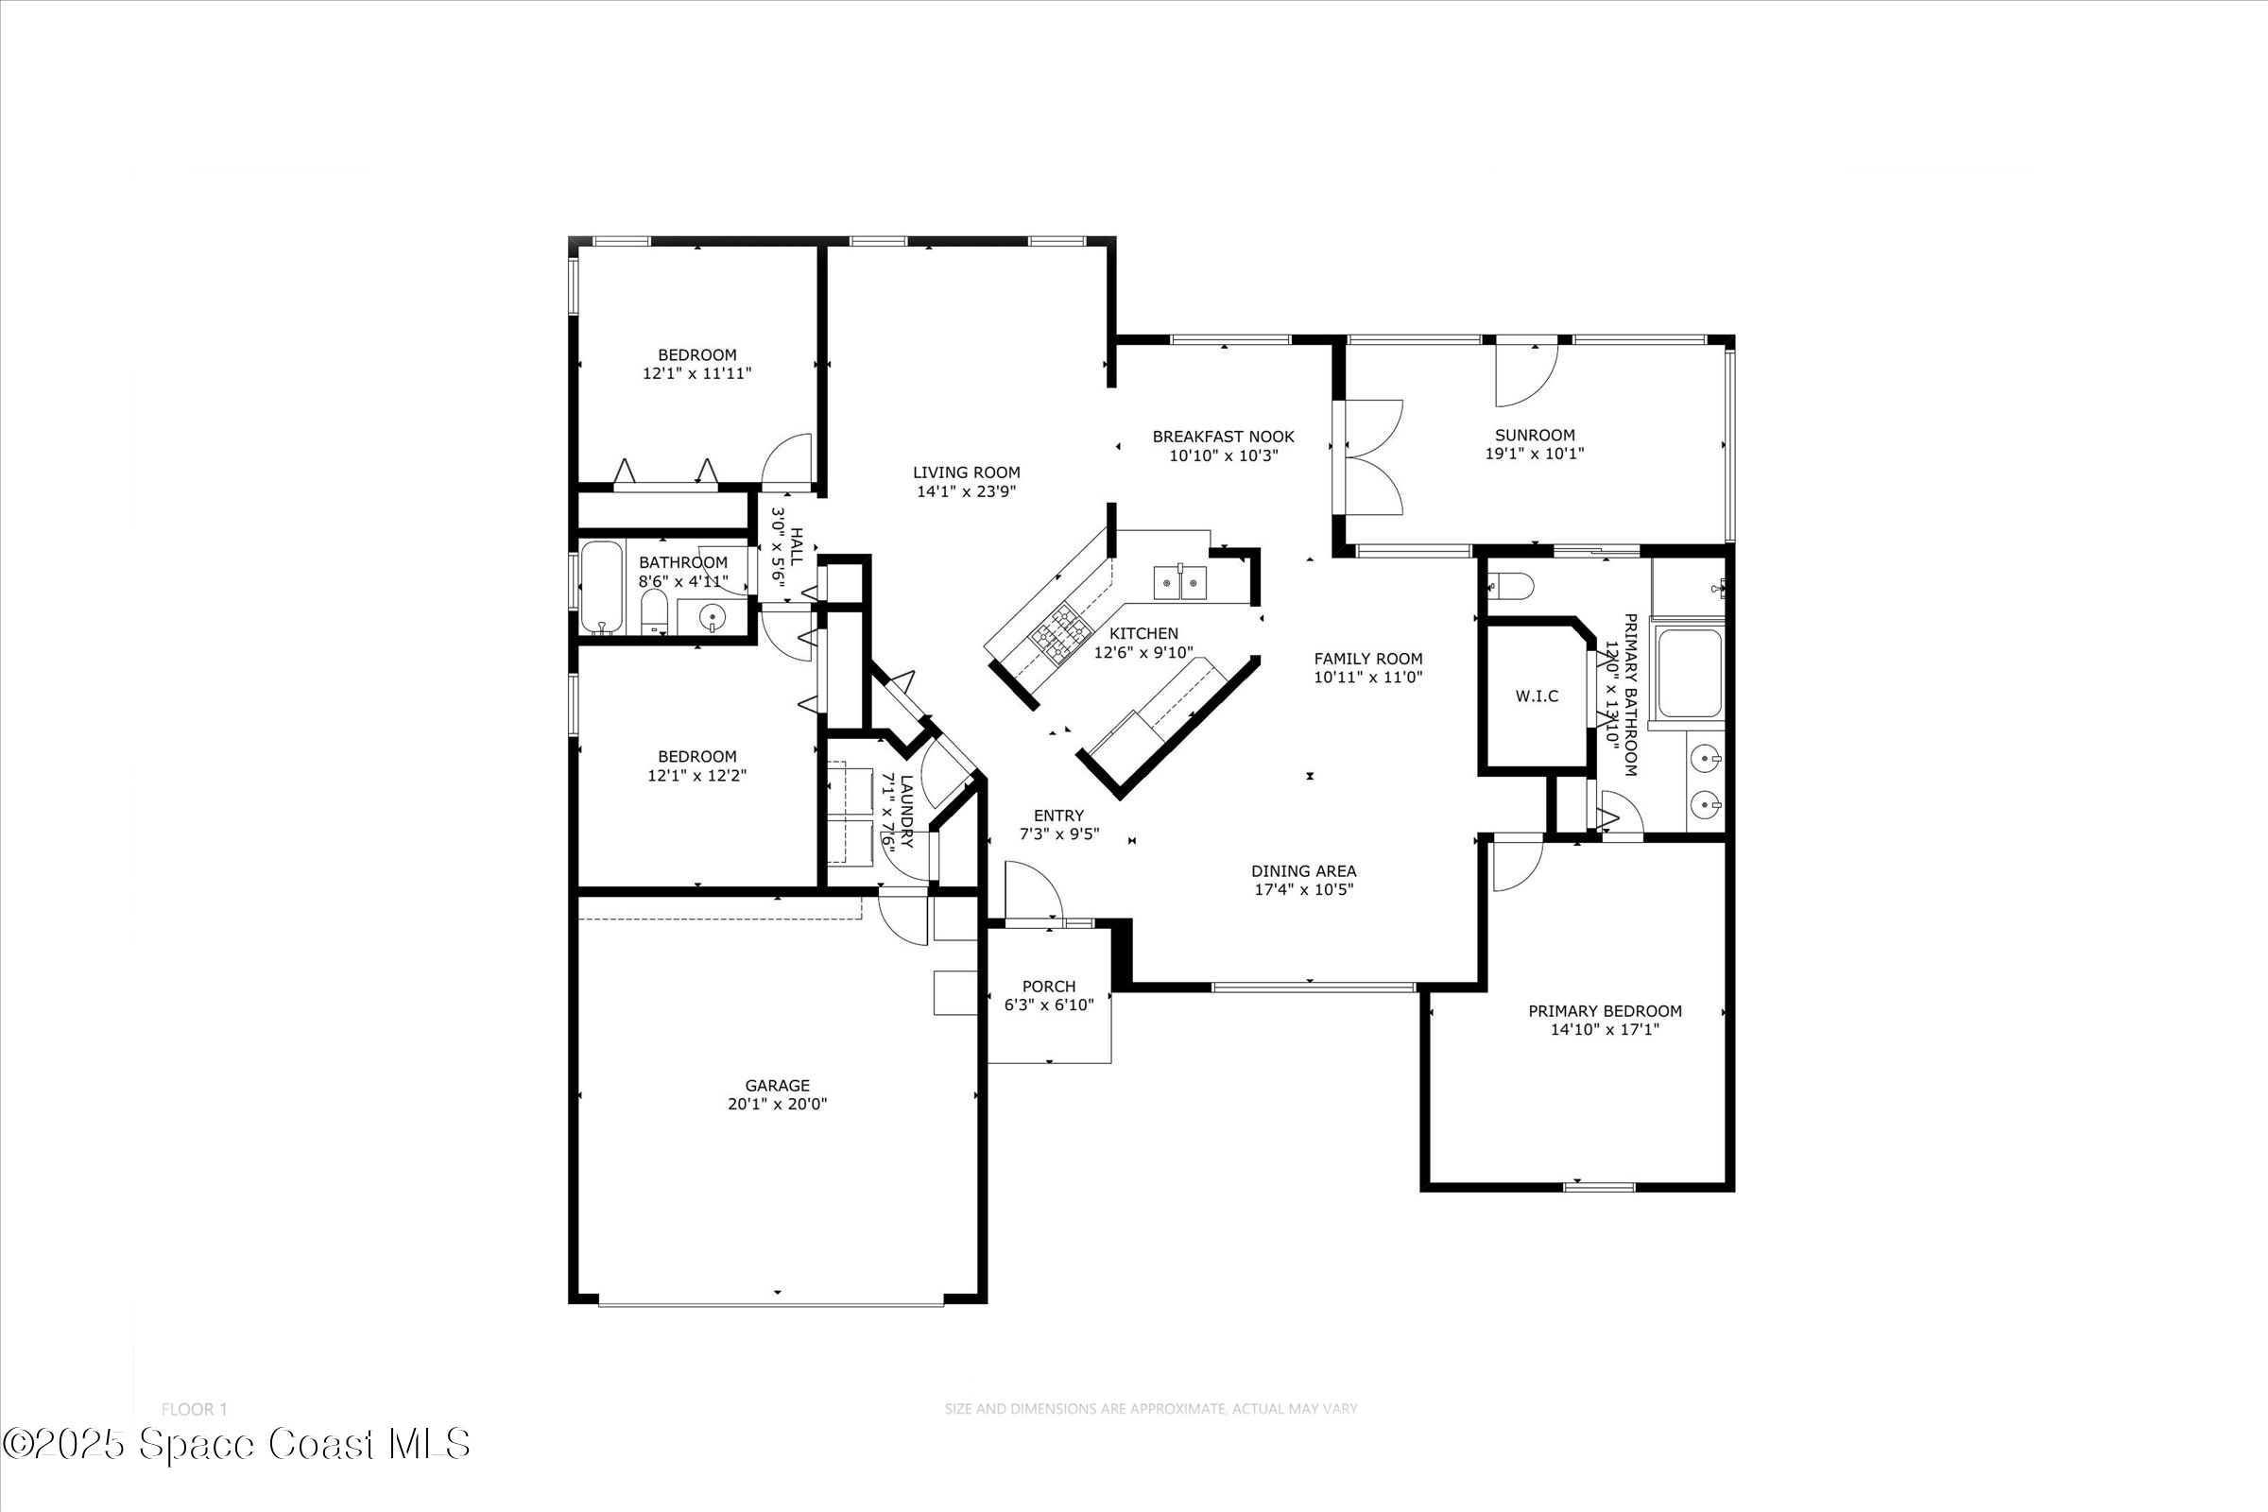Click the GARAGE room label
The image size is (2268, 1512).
point(776,1085)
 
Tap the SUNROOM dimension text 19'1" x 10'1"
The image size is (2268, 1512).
point(1534,454)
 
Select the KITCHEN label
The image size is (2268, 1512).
point(1143,633)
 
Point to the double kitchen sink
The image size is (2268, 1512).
point(1180,582)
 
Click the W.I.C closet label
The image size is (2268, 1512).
point(1537,696)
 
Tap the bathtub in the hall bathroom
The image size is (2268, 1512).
point(602,587)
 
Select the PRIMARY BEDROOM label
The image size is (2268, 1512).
point(1605,1010)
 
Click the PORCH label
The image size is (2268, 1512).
point(1048,987)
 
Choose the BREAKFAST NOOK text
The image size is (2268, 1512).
point(1223,437)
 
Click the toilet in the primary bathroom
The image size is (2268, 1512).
point(1510,584)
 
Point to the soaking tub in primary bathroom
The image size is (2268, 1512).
point(1689,673)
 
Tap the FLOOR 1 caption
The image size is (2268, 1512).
point(194,1409)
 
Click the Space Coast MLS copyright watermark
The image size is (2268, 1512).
point(236,1444)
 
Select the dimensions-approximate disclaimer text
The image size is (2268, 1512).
point(1150,1409)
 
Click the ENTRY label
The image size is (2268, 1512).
point(1057,816)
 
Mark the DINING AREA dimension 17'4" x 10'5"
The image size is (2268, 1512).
point(1303,889)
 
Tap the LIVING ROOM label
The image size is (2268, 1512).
point(966,472)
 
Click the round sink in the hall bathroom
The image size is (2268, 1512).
point(712,616)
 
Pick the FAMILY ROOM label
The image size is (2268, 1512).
point(1367,659)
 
